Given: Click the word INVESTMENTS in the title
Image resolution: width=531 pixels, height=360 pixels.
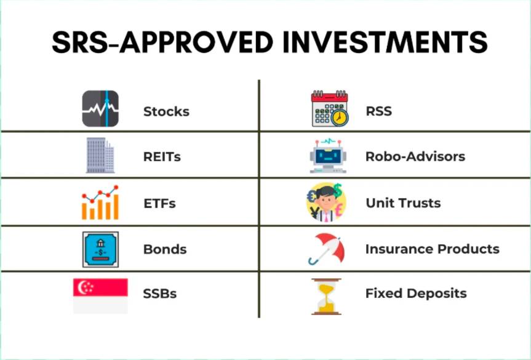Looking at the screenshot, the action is click(385, 42).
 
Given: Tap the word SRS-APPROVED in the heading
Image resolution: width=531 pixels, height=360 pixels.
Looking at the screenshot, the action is click(162, 42).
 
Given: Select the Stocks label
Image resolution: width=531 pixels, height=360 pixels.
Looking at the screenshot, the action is click(166, 111).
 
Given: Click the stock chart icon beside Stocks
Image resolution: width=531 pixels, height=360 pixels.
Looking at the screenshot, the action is click(100, 109).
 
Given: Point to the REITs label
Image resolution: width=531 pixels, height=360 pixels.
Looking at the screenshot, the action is click(162, 157).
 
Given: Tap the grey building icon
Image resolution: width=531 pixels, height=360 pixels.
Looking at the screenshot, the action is click(100, 156).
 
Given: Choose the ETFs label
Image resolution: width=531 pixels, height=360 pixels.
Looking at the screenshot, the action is click(159, 204).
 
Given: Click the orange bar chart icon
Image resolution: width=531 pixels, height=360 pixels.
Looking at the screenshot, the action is click(100, 202).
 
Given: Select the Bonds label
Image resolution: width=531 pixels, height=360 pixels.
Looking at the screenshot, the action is click(165, 249).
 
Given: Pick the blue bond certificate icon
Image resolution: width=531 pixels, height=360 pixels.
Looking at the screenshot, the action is click(100, 250).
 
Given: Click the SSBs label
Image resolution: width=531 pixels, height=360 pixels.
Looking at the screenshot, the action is click(159, 294).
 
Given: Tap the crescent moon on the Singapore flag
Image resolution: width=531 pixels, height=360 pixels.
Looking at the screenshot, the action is click(82, 287).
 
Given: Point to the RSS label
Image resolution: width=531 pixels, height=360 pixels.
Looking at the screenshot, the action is click(378, 111).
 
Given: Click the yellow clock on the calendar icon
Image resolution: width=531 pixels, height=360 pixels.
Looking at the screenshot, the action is click(339, 118).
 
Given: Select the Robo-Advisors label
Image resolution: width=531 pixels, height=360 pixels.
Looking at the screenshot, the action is click(415, 156).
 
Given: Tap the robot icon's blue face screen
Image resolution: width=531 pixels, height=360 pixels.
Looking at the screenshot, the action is click(328, 156).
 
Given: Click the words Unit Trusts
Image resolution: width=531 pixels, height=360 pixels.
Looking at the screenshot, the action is click(404, 203).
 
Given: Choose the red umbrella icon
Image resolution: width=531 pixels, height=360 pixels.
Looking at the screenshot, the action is click(327, 249).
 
